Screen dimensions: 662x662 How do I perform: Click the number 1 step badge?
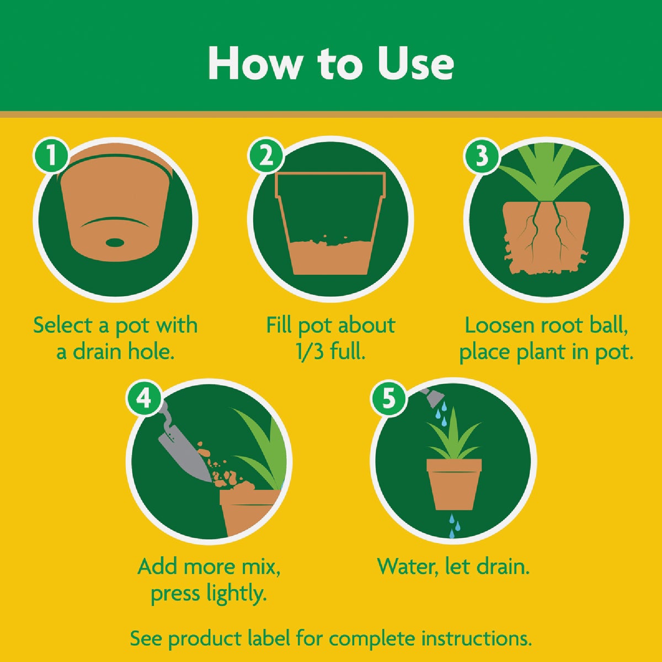pos(51,156)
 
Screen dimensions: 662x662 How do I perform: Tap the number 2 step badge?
pos(266,156)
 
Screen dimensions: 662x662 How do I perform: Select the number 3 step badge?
pos(482,156)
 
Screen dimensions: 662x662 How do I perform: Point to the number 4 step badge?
pos(144,397)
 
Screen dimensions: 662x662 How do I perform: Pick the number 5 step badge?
pos(389,397)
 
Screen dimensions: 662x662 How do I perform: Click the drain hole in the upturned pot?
pos(115,242)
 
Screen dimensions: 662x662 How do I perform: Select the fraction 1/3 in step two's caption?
pos(311,351)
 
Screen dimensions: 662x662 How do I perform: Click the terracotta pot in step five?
pos(454,483)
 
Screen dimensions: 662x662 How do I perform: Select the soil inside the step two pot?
pos(330,257)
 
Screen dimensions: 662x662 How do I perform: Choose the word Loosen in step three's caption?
pos(499,325)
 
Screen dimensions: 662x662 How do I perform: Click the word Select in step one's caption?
pos(63,325)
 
